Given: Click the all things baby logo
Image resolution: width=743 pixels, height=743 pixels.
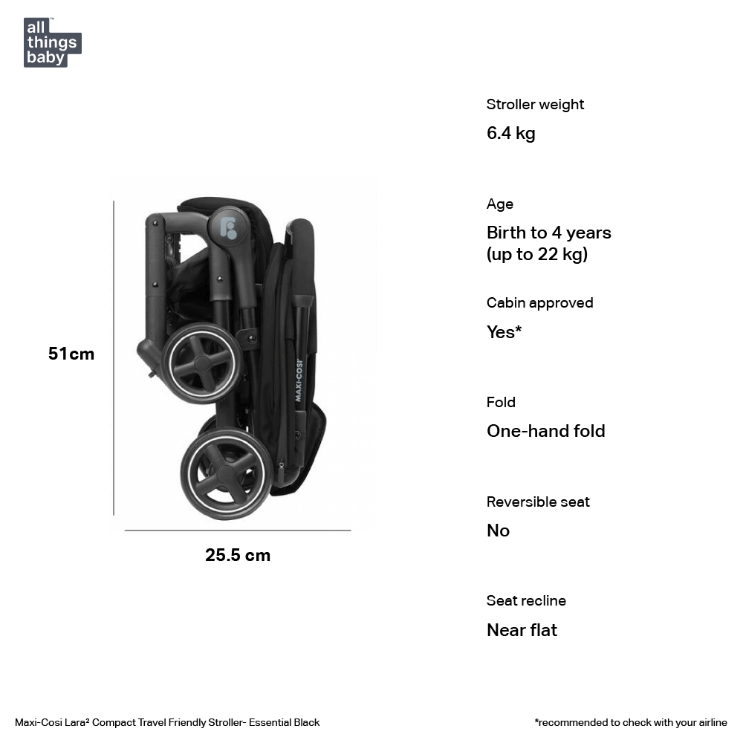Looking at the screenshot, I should pos(52,42).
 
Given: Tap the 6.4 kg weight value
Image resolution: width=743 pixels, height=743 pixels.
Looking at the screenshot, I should pos(510,134).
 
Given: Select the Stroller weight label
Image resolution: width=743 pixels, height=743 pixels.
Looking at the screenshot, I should pos(535,105).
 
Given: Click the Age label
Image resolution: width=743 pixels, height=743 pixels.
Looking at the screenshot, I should pos(500,204).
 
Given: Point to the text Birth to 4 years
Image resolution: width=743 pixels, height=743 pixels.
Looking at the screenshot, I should pos(548,233).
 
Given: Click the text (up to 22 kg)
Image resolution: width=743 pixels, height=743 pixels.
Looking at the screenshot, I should pos(536,255).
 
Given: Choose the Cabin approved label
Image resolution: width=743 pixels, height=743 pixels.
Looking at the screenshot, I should pos(539,303).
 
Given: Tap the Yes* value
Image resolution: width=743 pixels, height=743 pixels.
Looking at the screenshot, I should pos(504,332).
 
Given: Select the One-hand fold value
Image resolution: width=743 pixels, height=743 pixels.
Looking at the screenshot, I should pos(545,431).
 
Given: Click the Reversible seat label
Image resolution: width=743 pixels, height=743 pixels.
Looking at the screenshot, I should pos(538,502).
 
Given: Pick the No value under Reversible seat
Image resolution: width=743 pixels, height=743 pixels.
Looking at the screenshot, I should pos(498,531).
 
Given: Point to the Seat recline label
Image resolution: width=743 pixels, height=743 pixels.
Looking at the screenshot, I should pos(526,601).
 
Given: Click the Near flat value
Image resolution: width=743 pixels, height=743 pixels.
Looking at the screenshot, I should pos(522,630).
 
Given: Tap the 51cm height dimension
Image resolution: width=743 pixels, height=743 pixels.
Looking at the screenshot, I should pos(71,354).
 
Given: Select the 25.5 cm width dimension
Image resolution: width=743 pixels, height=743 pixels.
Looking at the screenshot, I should pos(238,555).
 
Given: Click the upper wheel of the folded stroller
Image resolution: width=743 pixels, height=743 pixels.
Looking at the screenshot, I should pos(202,364).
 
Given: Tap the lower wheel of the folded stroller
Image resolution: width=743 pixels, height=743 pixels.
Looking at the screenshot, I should pos(226,473).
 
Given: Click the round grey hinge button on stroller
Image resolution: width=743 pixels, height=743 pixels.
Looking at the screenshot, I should pos(228,225).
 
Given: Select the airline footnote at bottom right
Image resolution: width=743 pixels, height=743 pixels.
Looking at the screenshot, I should pos(631,722).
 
